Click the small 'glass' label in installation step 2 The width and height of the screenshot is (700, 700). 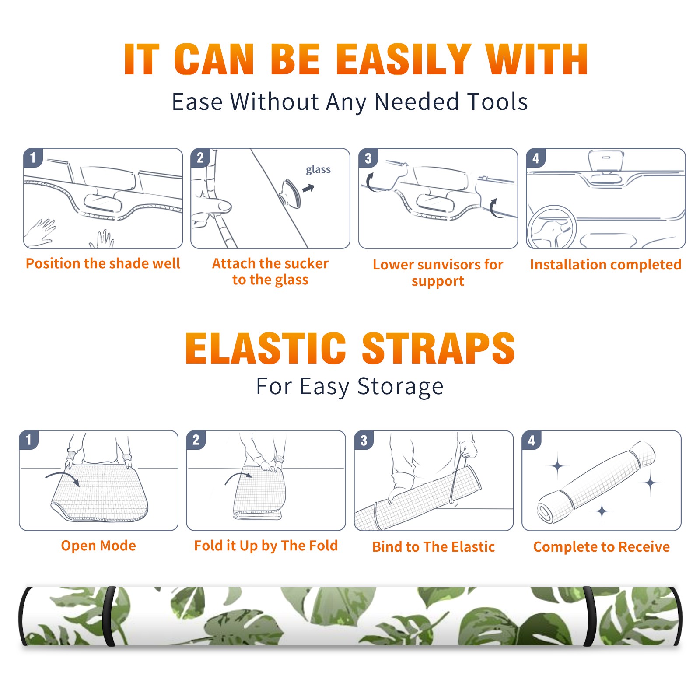[x=318, y=170]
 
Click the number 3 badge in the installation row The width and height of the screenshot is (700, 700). [x=368, y=158]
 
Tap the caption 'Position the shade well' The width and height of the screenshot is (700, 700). [x=103, y=263]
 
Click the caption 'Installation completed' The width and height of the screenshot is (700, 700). [x=605, y=264]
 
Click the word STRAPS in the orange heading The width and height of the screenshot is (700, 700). [x=438, y=348]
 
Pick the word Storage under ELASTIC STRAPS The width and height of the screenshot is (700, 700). [x=400, y=387]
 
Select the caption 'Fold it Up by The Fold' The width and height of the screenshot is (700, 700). [x=266, y=546]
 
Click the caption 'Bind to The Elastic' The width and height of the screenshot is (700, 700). [x=433, y=547]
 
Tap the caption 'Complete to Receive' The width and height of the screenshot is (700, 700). [x=602, y=547]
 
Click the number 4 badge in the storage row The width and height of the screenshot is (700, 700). [x=532, y=440]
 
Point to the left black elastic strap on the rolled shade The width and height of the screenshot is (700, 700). [x=109, y=616]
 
